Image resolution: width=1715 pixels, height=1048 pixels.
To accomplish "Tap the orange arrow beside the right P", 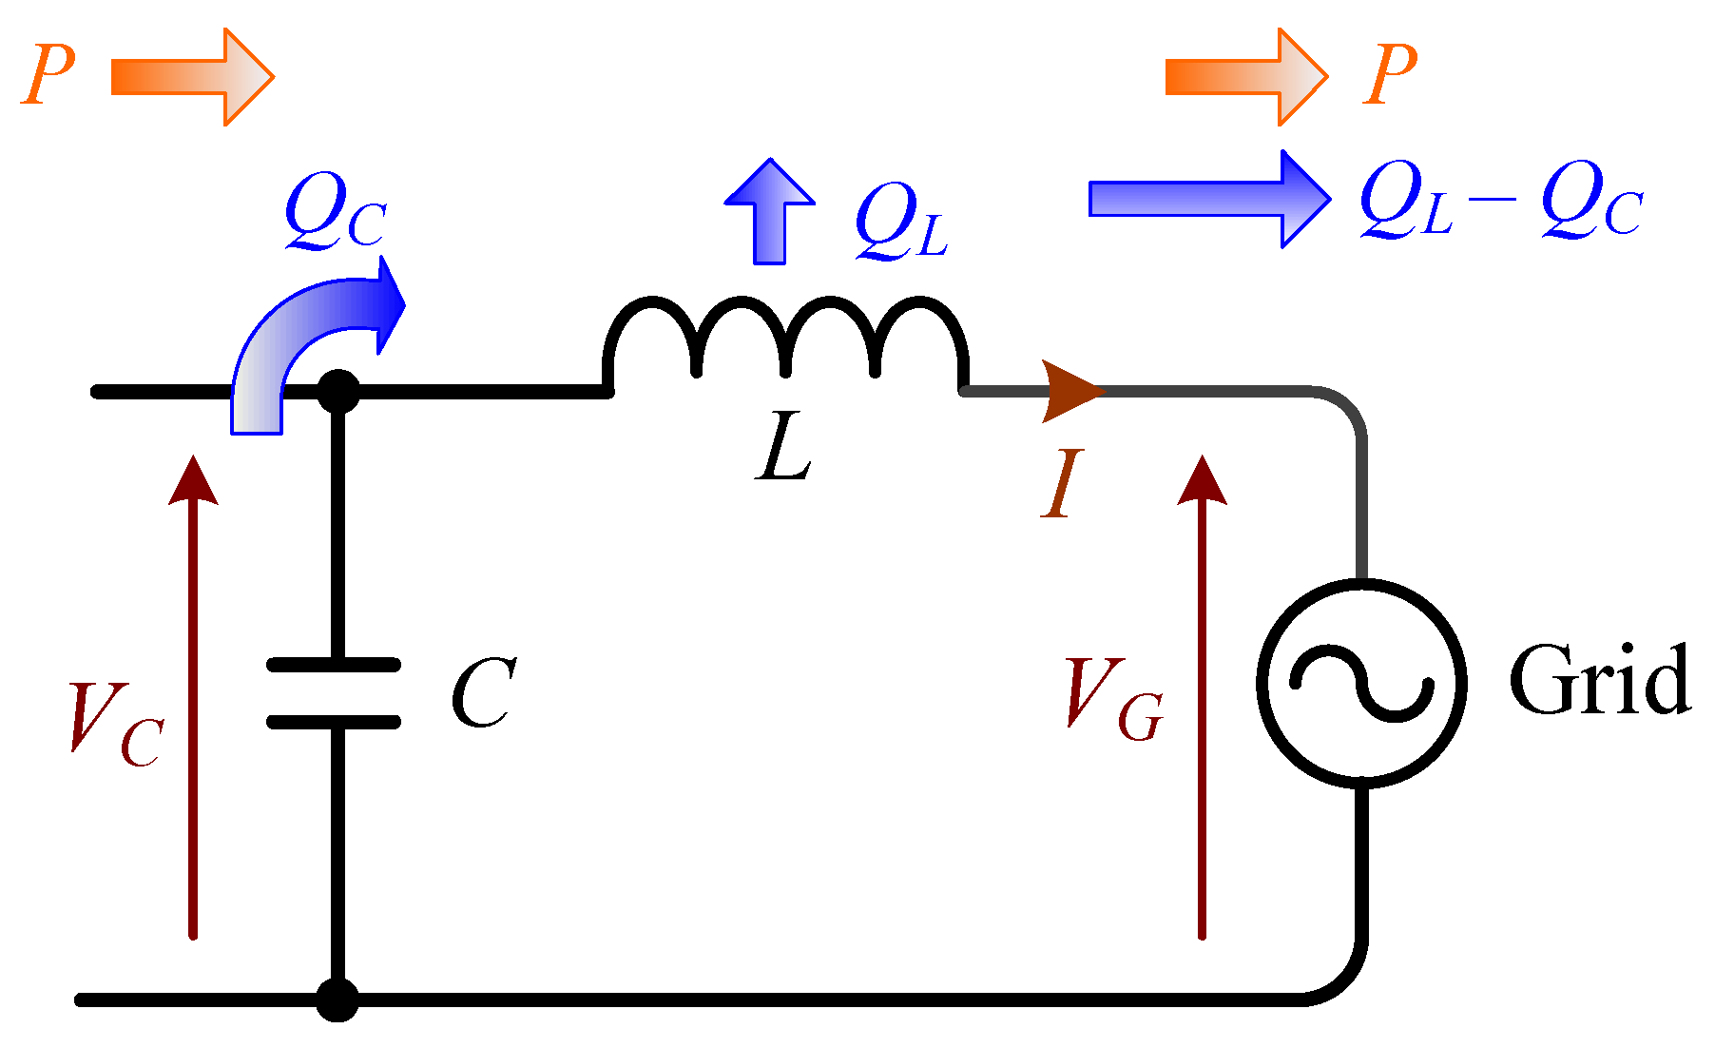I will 1246,77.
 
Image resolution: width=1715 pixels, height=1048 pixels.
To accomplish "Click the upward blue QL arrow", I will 769,213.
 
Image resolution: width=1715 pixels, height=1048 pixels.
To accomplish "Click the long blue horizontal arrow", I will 1207,199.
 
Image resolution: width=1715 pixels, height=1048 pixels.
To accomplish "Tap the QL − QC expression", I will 1500,202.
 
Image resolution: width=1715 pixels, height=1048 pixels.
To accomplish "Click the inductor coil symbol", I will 786,342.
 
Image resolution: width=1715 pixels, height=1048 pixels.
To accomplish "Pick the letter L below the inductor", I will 785,451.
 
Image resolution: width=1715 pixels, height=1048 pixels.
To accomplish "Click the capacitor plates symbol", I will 334,693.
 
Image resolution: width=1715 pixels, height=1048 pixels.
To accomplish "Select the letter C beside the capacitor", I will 483,693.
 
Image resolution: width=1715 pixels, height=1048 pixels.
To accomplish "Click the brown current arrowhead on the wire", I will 1069,391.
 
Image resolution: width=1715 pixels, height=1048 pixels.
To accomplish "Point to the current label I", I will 1062,484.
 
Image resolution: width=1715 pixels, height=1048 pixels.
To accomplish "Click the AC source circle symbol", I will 1360,683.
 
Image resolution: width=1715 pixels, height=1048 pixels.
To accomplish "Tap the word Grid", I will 1599,680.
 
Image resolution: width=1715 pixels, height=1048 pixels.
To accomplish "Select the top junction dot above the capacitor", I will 337,391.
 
